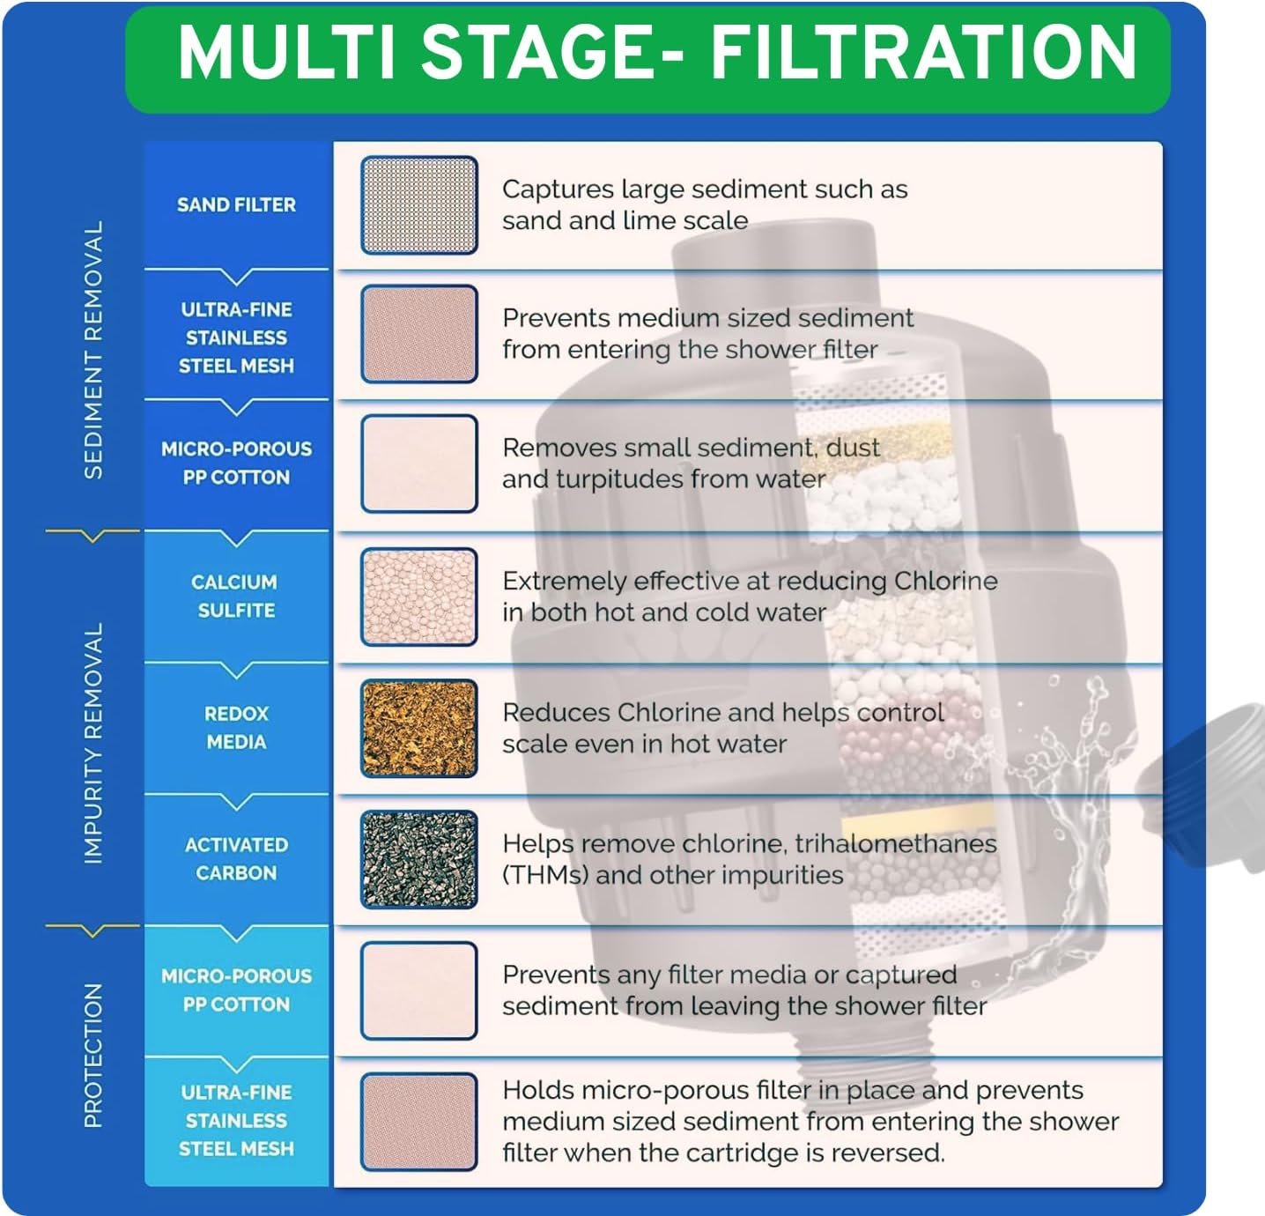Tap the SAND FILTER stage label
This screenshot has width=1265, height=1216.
point(237,204)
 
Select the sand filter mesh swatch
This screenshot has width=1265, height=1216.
point(419,204)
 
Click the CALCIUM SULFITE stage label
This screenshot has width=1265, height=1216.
point(235,596)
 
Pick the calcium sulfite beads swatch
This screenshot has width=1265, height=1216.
point(419,597)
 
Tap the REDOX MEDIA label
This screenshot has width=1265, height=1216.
point(237,728)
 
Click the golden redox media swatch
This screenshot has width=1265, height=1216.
point(419,729)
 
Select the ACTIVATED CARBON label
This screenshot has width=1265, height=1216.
point(237,858)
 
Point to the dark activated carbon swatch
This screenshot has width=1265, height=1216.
point(419,859)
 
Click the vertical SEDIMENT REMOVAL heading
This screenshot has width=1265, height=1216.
point(93,350)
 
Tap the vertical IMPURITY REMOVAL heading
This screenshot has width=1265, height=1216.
point(93,743)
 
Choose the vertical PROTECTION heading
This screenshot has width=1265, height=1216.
point(93,1056)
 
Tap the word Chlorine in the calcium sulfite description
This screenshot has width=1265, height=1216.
point(946,581)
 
